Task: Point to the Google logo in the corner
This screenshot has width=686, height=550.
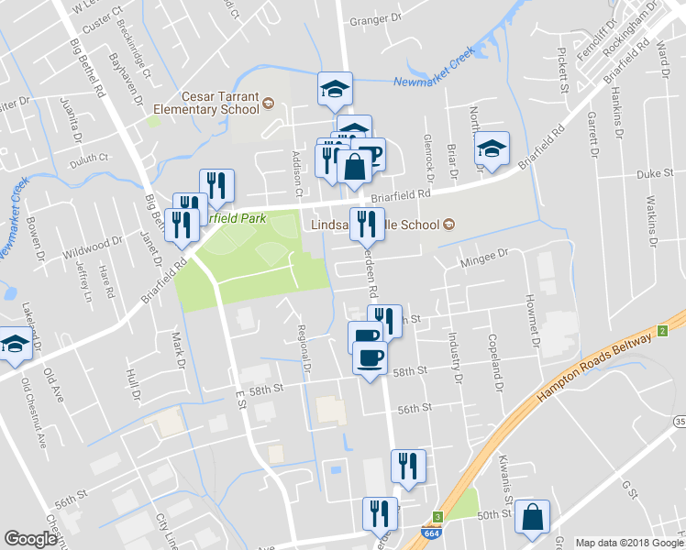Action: tap(30, 540)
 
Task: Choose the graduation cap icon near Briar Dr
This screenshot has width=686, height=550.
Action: tap(492, 149)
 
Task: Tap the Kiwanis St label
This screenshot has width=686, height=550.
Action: tap(503, 470)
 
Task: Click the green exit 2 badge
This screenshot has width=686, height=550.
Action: tap(661, 331)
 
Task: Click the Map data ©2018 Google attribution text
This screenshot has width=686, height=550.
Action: tap(627, 542)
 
